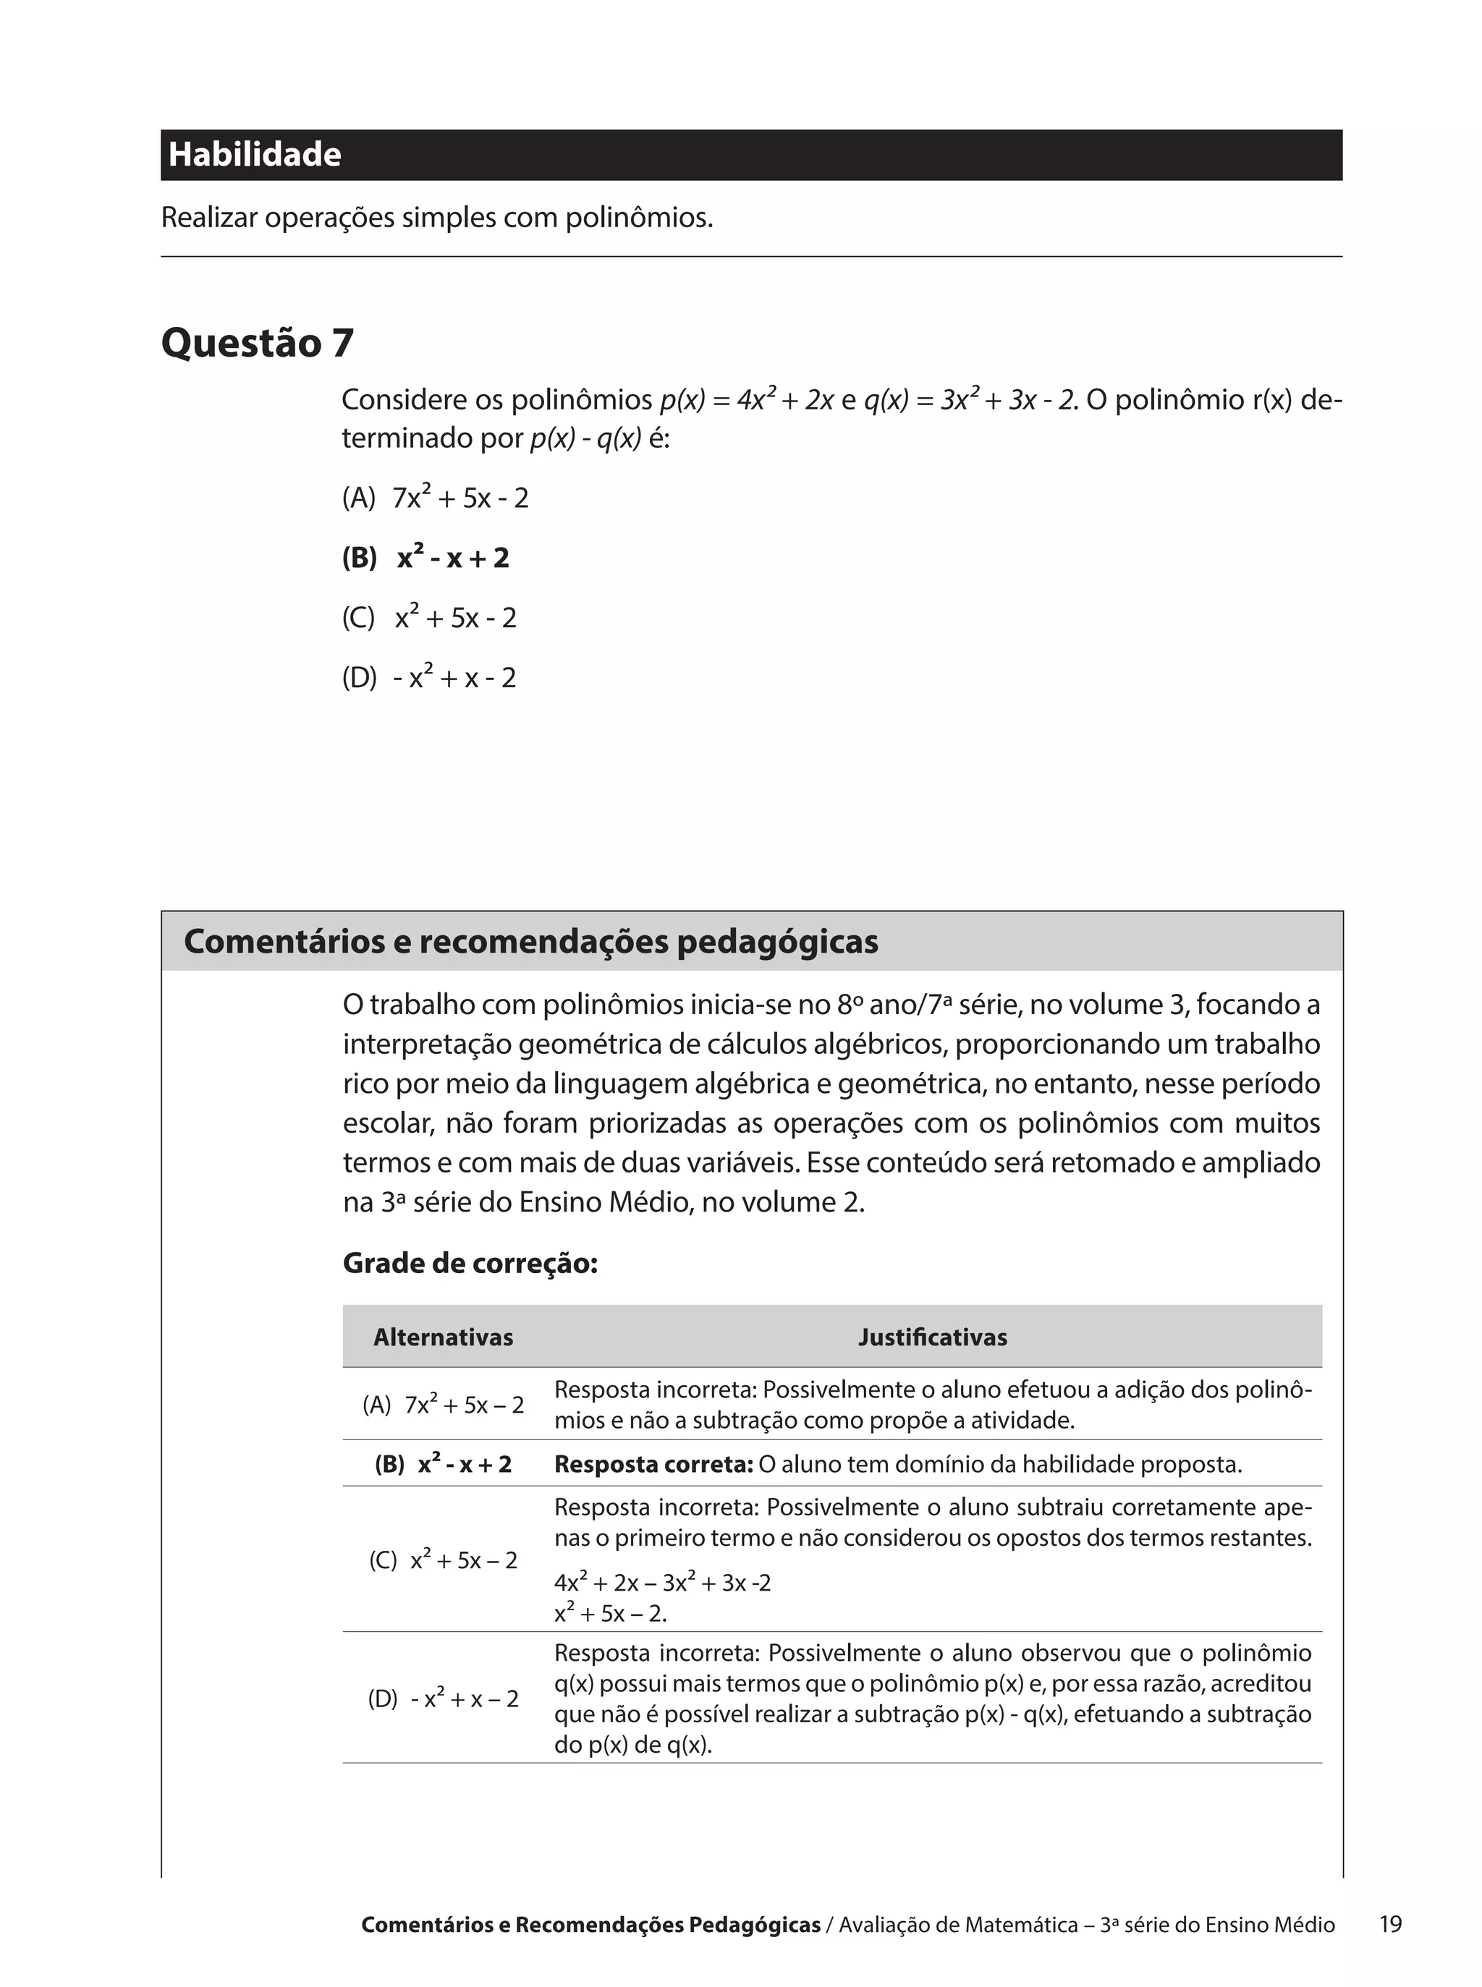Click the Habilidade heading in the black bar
[255, 154]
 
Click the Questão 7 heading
[258, 343]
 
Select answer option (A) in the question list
[435, 498]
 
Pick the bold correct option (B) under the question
[425, 558]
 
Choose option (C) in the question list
[429, 618]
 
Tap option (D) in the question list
[429, 678]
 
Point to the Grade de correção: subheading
[470, 1264]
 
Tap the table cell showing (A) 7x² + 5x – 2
[443, 1405]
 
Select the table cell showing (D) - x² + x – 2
[443, 1699]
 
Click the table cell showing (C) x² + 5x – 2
[443, 1560]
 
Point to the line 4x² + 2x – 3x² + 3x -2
[662, 1583]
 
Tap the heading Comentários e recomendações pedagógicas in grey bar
[531, 942]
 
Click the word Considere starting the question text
[400, 399]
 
